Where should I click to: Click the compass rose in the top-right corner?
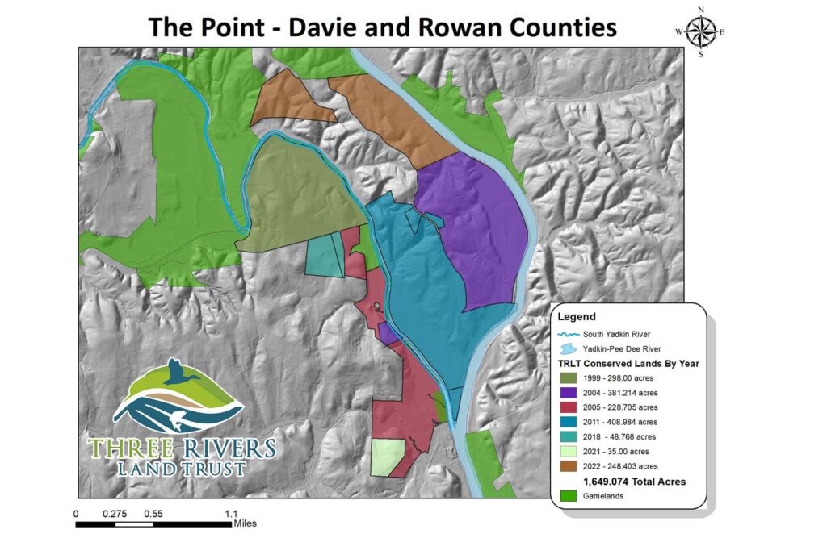700,31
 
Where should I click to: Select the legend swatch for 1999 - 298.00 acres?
569,378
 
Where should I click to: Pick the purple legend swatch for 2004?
569,393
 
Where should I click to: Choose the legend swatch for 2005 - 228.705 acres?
569,407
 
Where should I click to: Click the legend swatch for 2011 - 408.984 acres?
569,422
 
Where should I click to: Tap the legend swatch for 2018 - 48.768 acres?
569,436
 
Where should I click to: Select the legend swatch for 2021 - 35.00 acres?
569,451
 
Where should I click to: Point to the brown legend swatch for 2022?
569,465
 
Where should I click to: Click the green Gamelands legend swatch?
569,496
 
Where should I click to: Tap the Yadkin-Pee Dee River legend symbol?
569,348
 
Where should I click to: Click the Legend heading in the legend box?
577,317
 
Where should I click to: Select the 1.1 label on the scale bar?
231,513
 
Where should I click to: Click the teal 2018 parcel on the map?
325,256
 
